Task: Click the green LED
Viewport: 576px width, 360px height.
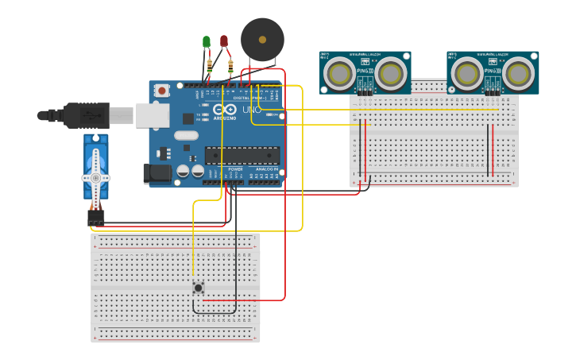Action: click(x=207, y=41)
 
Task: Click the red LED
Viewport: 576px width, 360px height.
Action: click(x=224, y=41)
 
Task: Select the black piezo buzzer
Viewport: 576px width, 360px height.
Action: click(x=262, y=39)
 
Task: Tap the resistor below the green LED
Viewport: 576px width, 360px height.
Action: click(x=210, y=66)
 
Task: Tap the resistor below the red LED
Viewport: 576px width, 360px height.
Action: click(x=230, y=67)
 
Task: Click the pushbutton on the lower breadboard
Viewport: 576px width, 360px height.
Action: click(x=198, y=288)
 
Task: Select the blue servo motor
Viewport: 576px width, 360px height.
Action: click(x=95, y=168)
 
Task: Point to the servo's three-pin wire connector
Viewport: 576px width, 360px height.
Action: click(x=96, y=217)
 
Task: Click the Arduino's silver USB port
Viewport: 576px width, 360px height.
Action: click(x=152, y=115)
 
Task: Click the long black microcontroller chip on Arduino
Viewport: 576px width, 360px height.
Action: click(x=242, y=155)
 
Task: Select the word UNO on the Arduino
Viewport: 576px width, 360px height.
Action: click(x=251, y=109)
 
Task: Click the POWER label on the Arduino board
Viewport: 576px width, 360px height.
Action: click(x=235, y=169)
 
